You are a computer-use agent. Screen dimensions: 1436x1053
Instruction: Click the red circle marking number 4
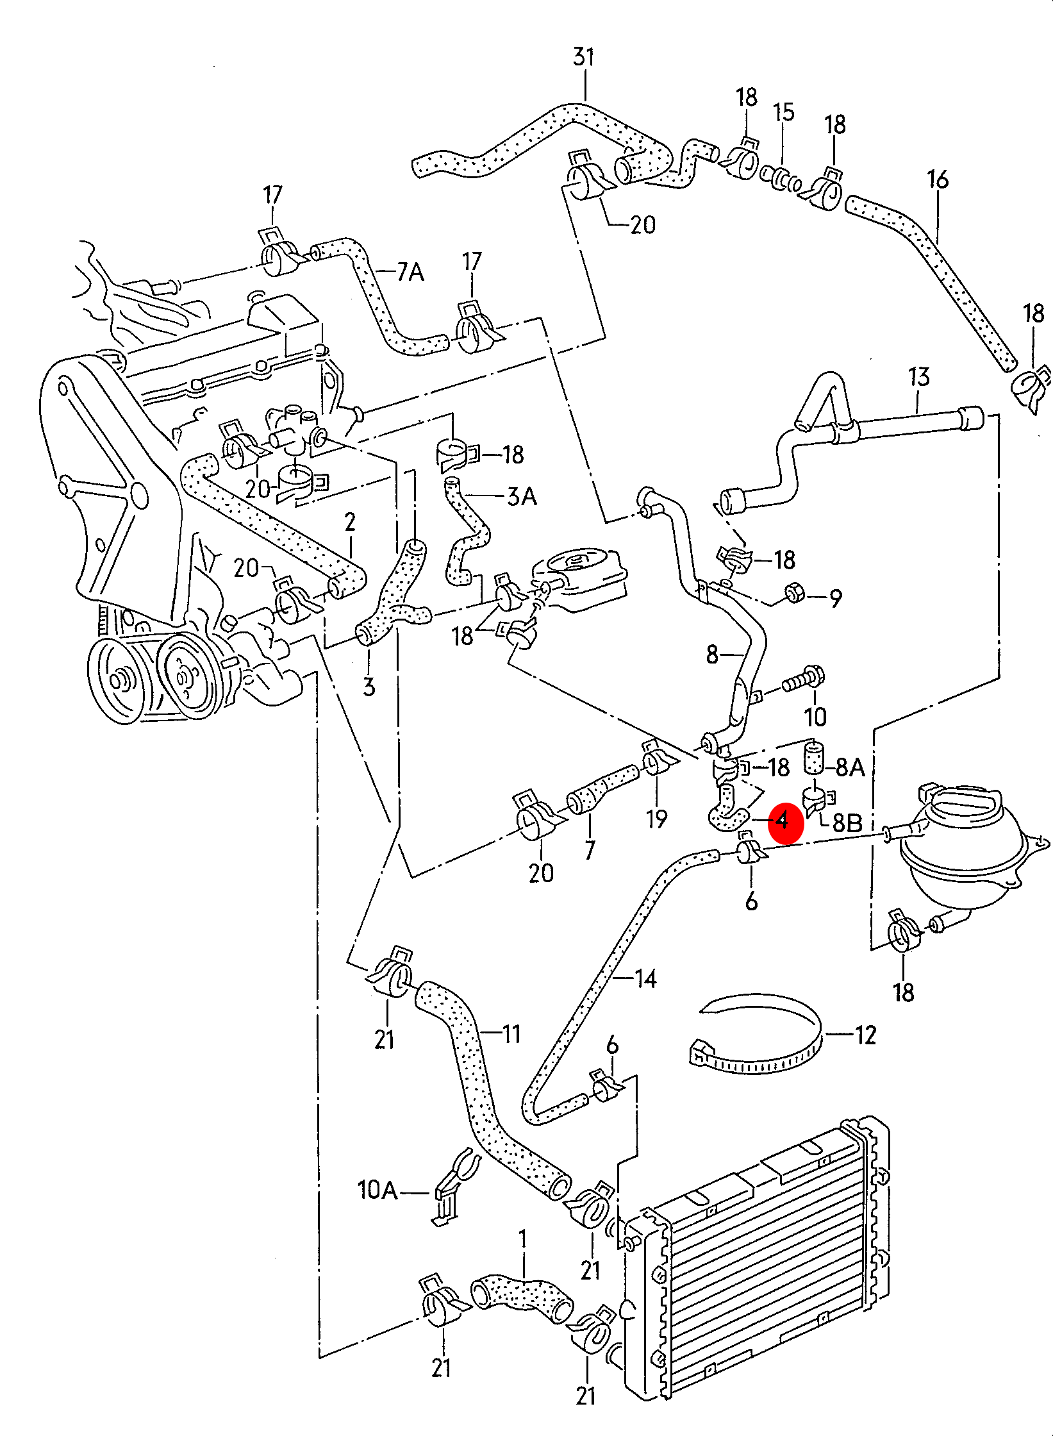click(785, 822)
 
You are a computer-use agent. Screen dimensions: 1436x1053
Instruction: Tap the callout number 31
click(583, 58)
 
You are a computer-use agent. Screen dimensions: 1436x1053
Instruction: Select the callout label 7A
click(410, 272)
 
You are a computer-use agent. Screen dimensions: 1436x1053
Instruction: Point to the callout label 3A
click(522, 496)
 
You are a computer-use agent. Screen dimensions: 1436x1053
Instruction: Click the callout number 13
click(918, 377)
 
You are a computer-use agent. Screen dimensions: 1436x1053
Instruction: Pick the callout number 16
click(938, 180)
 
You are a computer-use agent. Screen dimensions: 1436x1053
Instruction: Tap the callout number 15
click(783, 112)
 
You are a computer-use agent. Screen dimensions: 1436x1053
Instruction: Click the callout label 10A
click(377, 1190)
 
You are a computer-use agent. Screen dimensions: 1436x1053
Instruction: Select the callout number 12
click(865, 1035)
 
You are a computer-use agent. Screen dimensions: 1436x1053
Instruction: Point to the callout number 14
click(645, 978)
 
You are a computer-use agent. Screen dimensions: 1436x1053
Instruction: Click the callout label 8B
click(847, 822)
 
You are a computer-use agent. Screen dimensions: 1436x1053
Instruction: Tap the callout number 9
click(835, 599)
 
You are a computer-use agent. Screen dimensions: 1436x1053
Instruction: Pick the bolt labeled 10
click(802, 681)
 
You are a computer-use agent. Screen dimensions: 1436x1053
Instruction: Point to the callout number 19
click(657, 819)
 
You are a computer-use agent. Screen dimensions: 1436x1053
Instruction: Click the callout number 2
click(350, 522)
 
